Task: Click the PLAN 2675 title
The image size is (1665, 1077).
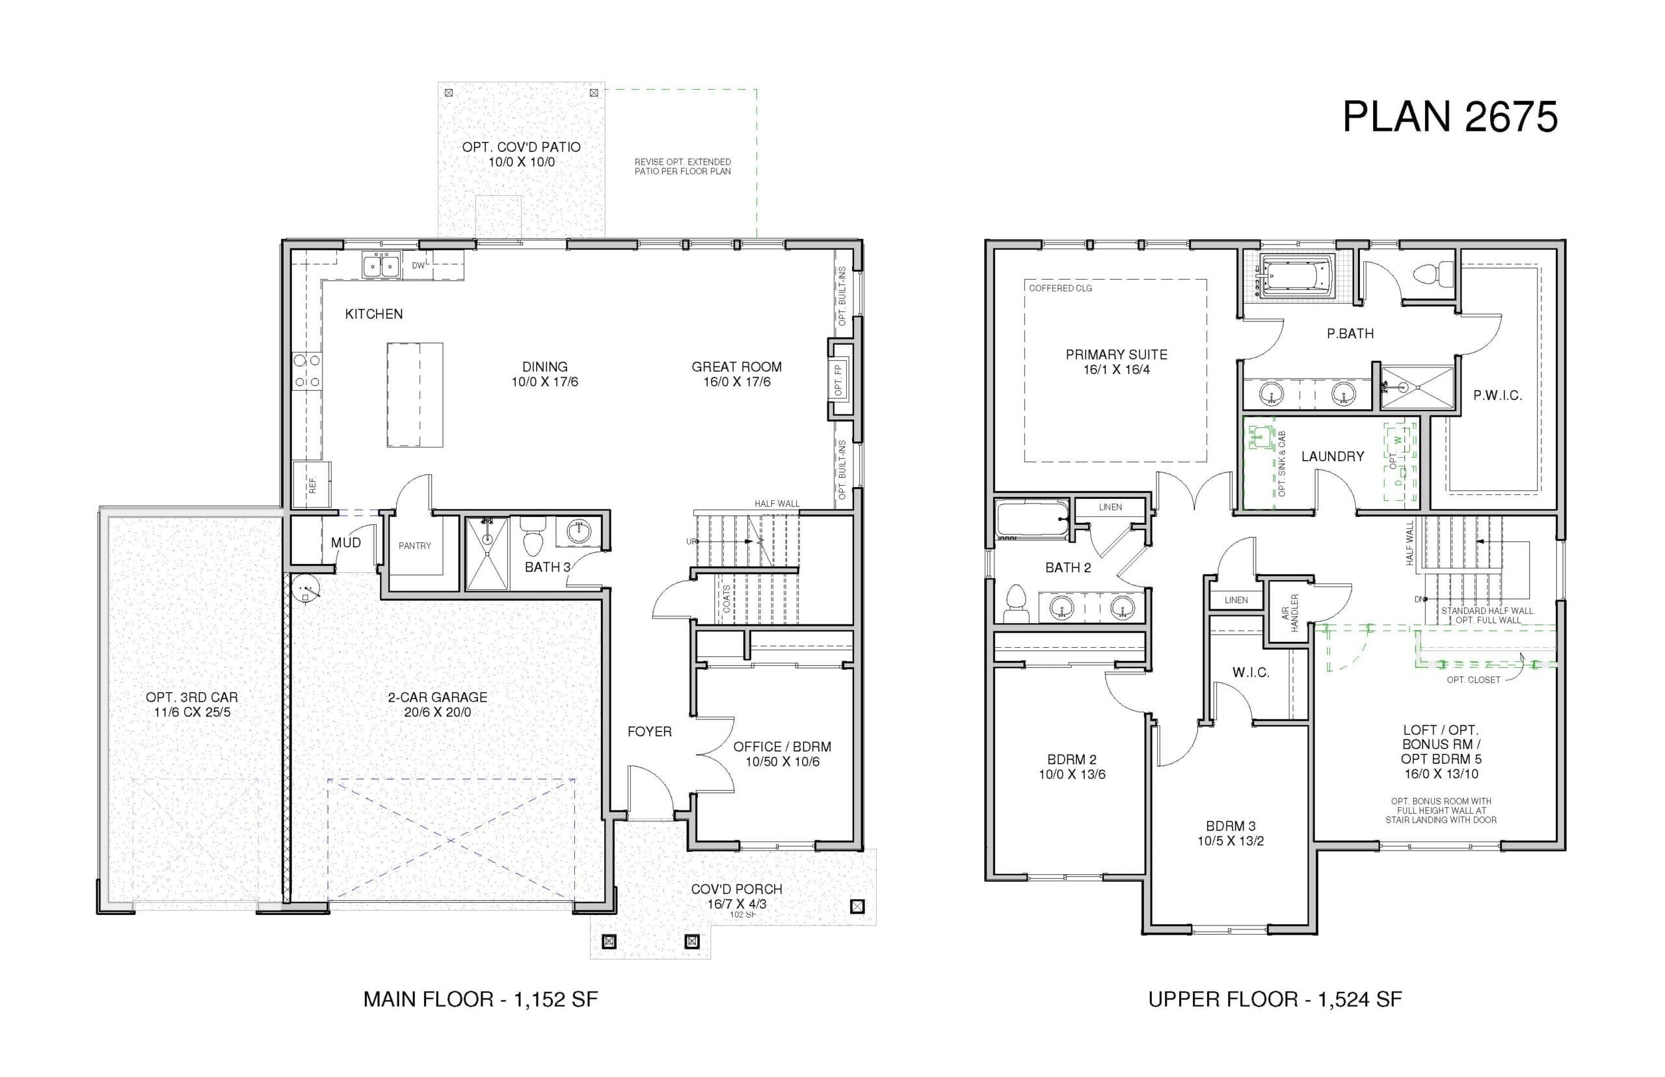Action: (1450, 116)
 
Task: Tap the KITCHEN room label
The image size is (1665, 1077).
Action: (373, 314)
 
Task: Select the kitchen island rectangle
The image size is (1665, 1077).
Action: (415, 394)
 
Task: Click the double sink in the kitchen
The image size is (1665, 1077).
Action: (381, 266)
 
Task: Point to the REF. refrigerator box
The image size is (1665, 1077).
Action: (312, 485)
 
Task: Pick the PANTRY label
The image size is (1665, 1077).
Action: (415, 546)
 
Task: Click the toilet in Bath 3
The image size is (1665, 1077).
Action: (533, 535)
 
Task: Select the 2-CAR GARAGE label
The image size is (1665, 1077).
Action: (438, 697)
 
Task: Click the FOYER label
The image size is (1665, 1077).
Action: (649, 732)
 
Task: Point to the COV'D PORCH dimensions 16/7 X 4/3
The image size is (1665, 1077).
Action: (736, 903)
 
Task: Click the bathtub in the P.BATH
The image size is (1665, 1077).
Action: (1296, 276)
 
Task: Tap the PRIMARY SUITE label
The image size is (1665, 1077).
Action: (1116, 354)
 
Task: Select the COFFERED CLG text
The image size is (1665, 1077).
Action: (1060, 288)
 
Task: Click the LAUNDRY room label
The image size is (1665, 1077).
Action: (1332, 457)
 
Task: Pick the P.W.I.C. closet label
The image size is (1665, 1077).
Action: (1497, 396)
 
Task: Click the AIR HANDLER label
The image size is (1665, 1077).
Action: (1289, 613)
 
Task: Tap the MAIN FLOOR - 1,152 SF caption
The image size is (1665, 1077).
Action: (481, 1000)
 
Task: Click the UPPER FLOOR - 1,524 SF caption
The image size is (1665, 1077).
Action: (1275, 1000)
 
